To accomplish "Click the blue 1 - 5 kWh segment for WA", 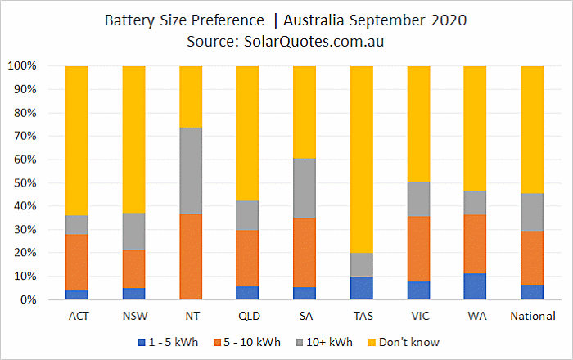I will click(475, 286).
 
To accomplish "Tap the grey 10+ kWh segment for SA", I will click(305, 188).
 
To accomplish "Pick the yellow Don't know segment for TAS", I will click(361, 160).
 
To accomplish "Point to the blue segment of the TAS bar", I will click(361, 288).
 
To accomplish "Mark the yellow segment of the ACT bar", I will click(77, 141).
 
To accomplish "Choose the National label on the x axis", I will click(532, 316).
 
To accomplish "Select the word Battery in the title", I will click(131, 19).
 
